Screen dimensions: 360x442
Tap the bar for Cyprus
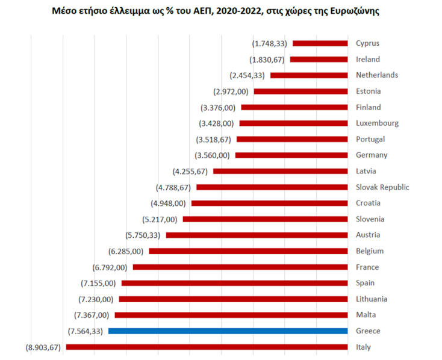click(x=320, y=43)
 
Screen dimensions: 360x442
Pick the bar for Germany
click(x=291, y=155)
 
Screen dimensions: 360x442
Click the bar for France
click(x=240, y=267)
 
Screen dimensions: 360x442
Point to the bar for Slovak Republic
click(x=272, y=187)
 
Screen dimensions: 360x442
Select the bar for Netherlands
click(x=309, y=75)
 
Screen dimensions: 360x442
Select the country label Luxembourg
click(x=377, y=123)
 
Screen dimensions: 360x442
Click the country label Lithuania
click(x=372, y=299)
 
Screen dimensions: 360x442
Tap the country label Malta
click(x=366, y=315)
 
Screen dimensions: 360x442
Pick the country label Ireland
click(x=368, y=60)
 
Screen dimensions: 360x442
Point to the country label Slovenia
click(x=370, y=219)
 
